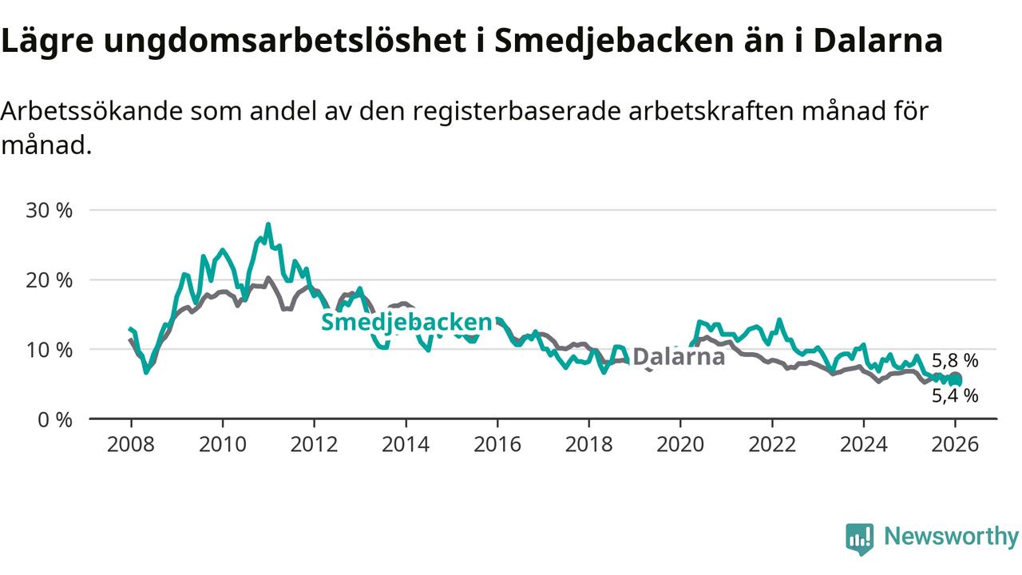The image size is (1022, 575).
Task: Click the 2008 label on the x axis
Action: point(131,444)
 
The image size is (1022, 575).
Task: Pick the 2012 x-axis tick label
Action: point(314,444)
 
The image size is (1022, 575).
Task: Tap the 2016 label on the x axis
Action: point(497,444)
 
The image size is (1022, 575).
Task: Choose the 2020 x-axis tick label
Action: point(680,444)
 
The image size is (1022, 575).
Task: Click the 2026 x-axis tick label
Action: point(955,444)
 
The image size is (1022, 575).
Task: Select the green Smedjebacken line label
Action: point(406,323)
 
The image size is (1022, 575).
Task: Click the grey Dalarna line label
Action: point(678,356)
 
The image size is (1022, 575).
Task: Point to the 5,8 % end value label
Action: point(955,361)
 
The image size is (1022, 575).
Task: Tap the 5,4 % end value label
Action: point(955,395)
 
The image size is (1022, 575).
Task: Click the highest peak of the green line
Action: point(268,224)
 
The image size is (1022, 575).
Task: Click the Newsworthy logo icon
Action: point(859,539)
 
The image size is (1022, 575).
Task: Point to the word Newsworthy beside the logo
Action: point(951,537)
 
